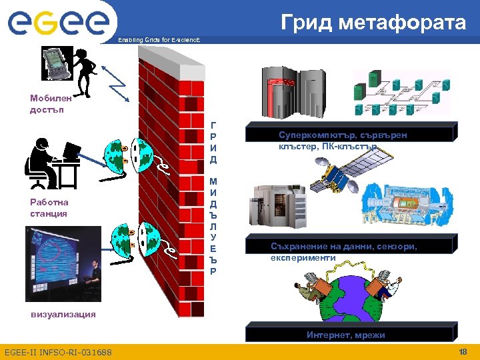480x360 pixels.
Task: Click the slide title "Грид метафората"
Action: (373, 23)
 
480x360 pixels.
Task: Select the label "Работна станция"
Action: (49, 207)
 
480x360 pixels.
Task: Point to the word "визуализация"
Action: (63, 314)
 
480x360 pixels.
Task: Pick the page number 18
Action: (463, 351)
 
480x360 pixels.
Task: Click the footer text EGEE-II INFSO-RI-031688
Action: (58, 352)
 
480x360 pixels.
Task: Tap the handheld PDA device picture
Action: (56, 62)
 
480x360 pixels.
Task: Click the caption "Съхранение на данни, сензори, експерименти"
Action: (344, 251)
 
